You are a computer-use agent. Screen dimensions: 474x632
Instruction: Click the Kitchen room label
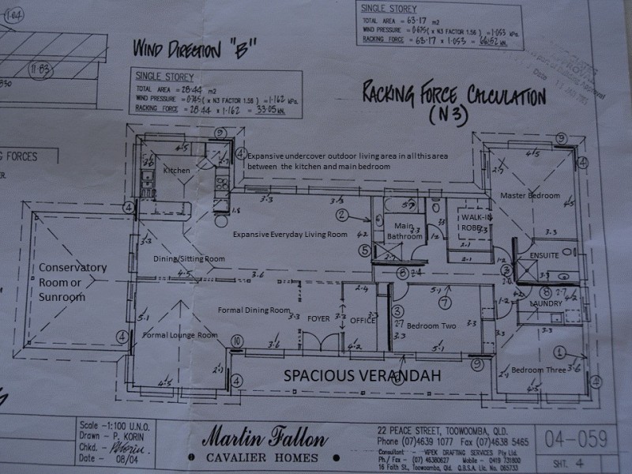pos(178,171)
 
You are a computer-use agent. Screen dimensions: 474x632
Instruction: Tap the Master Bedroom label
pos(530,195)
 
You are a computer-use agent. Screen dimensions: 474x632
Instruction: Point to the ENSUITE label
pos(545,255)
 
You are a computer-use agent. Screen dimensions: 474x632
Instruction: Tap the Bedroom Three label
pos(538,370)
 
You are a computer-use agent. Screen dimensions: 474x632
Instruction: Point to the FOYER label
pos(318,319)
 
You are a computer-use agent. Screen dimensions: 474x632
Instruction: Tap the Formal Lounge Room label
pos(180,335)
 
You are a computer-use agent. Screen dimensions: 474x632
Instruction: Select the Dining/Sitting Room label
pos(189,258)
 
